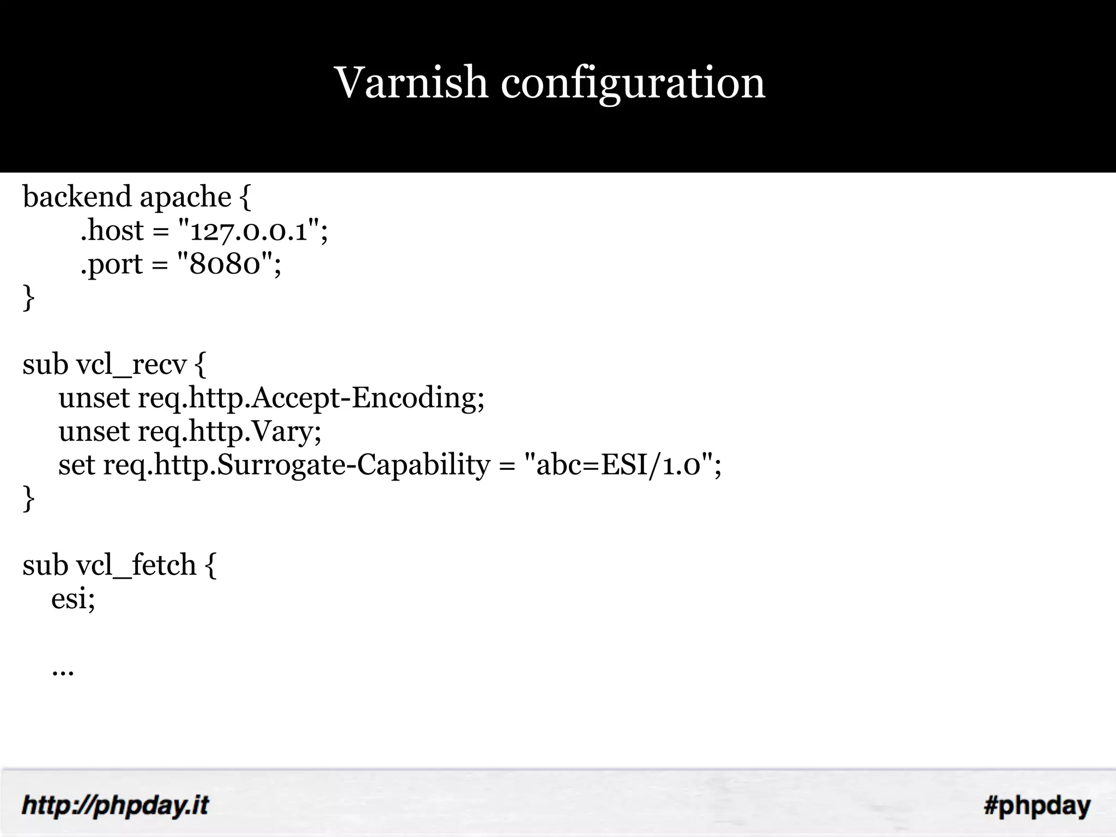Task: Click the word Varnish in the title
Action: tap(411, 83)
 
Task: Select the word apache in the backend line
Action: tap(185, 197)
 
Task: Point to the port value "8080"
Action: tap(225, 265)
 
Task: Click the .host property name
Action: tap(112, 231)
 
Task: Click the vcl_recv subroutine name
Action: tap(131, 365)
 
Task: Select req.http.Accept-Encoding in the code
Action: tap(311, 398)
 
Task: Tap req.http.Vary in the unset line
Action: tap(229, 432)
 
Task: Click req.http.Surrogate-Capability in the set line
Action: tap(297, 466)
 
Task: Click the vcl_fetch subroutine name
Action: tap(136, 566)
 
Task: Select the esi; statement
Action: tap(73, 599)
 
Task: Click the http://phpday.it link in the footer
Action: tap(115, 805)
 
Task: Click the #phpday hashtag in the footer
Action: tap(1037, 805)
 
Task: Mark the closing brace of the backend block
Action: tap(28, 299)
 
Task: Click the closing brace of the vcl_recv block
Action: tap(28, 499)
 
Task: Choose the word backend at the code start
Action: tap(77, 197)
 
